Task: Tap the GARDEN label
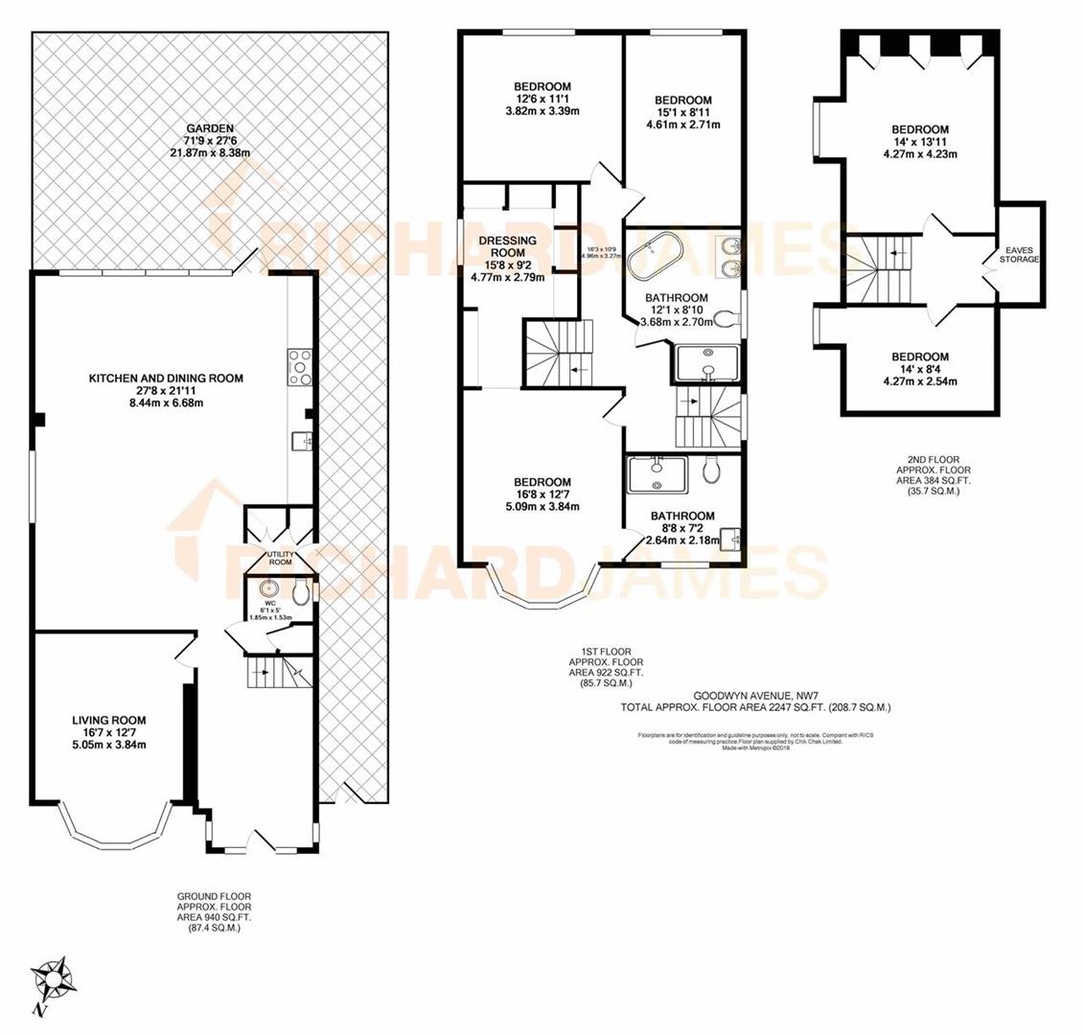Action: (x=210, y=128)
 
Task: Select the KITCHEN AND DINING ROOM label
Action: (x=166, y=379)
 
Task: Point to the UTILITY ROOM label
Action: (x=280, y=558)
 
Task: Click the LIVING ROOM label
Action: (x=109, y=721)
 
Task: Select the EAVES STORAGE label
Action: (x=1019, y=254)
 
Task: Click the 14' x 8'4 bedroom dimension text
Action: (x=919, y=370)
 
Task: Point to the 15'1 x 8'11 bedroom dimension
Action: (x=682, y=113)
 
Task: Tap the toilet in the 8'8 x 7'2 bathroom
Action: (x=712, y=470)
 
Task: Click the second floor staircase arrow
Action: (x=895, y=255)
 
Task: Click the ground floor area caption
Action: (x=213, y=911)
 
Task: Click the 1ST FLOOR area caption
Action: (x=606, y=667)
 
